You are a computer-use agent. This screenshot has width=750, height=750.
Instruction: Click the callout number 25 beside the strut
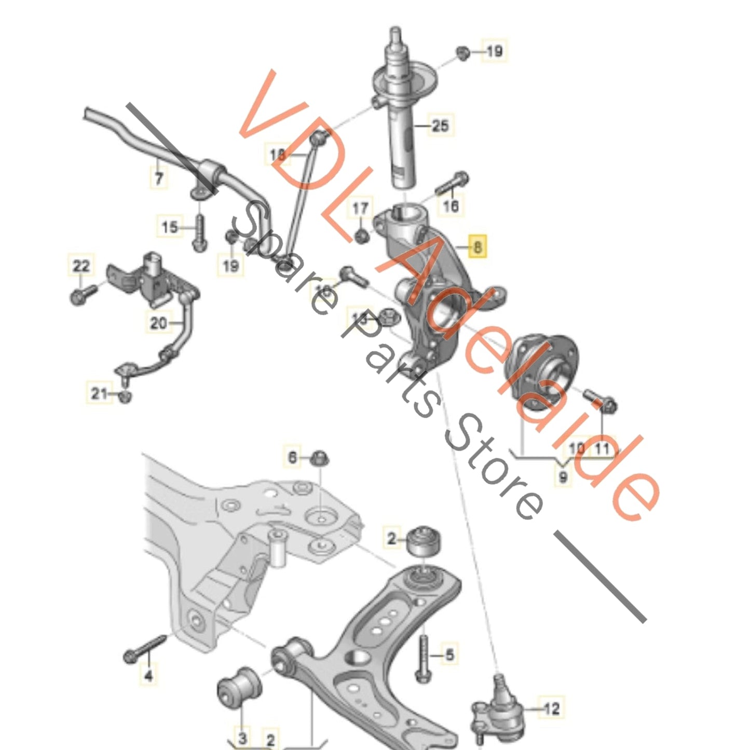439,125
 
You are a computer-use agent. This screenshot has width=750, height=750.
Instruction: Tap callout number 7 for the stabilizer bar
159,178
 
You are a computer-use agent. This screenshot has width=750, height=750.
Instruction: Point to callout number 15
169,227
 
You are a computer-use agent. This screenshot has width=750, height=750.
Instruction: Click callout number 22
81,266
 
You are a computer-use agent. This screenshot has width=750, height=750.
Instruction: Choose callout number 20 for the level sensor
158,323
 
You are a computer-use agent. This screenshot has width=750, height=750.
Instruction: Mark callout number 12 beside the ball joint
551,708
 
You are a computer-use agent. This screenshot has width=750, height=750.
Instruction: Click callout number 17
360,209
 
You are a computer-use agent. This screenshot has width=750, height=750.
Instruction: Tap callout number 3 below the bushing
242,737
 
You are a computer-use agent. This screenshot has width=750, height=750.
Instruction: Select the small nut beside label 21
125,397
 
